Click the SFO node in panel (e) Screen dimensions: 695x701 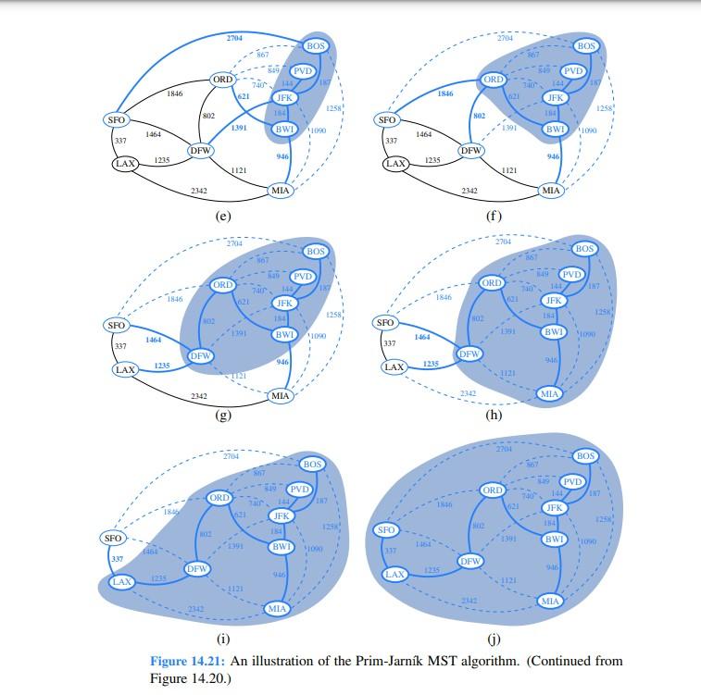(116, 119)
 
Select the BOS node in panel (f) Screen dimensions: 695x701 (585, 45)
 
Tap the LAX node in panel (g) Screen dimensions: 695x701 (124, 369)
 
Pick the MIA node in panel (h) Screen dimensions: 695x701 (550, 394)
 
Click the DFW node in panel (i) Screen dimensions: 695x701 (196, 569)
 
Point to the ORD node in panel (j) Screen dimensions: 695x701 (494, 490)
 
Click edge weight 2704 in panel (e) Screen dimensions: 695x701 (235, 38)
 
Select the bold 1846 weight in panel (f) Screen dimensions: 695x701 (445, 94)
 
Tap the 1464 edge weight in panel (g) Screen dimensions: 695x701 (154, 341)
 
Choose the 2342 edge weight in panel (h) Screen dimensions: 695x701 (469, 394)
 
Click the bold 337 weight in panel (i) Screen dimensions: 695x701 (117, 559)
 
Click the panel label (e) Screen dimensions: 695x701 (222, 216)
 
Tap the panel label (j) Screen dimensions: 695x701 (493, 638)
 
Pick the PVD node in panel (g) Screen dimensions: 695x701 (302, 277)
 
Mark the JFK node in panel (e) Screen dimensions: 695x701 (283, 97)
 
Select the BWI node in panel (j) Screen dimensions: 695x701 (554, 540)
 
